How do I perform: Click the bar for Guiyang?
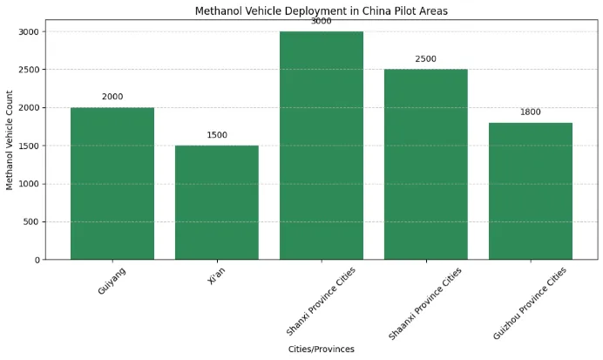(x=112, y=184)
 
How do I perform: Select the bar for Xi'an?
(x=217, y=203)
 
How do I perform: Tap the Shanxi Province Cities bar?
(x=322, y=146)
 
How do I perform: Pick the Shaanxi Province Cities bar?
(x=426, y=165)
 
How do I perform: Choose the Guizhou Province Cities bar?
(x=531, y=192)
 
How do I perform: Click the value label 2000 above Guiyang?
(x=112, y=97)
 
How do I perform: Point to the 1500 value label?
(x=217, y=135)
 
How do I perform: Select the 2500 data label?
(x=426, y=59)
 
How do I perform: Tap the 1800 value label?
(x=531, y=112)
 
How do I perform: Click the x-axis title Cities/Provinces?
(x=322, y=349)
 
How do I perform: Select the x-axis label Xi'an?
(x=218, y=277)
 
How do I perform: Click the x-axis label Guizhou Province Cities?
(x=531, y=302)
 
